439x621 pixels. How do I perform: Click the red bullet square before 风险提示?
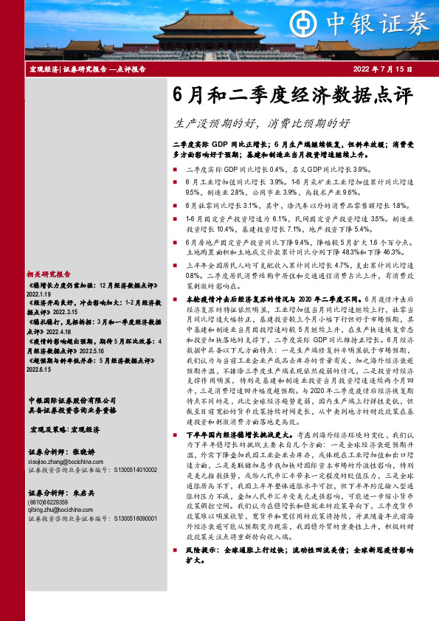tap(179, 570)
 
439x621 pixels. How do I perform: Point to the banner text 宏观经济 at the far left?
tap(43, 69)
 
